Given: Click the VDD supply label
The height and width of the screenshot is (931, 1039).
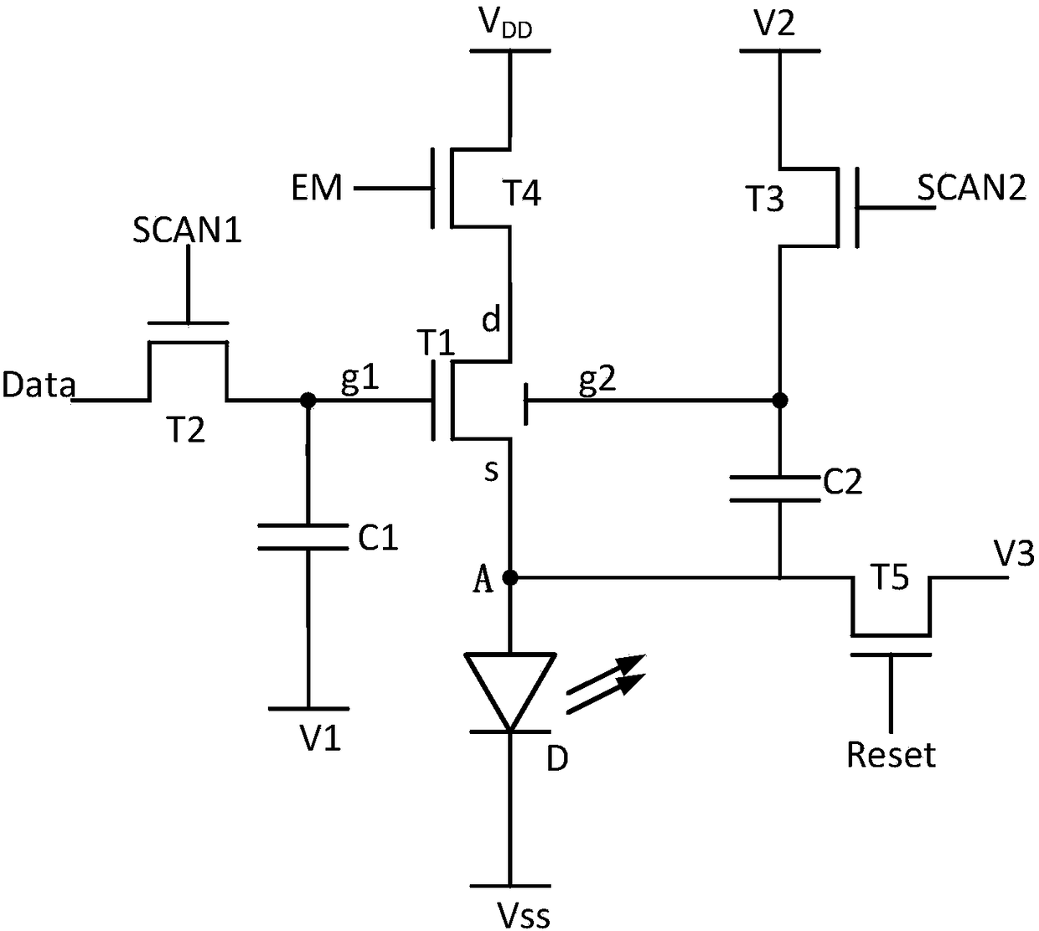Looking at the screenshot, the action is point(505,24).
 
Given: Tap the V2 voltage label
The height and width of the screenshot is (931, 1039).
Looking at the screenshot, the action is point(774,23).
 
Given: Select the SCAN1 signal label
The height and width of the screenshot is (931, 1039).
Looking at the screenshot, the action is point(187,230).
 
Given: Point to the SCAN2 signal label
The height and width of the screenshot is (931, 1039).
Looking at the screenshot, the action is point(971,187).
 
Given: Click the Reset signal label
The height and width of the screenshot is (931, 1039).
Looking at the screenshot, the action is point(891,754).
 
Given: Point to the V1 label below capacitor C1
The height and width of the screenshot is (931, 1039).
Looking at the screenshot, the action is point(321,738).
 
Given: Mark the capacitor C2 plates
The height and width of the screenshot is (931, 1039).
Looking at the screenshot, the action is point(775,489).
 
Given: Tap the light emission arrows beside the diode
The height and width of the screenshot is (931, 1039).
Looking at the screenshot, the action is point(606,683).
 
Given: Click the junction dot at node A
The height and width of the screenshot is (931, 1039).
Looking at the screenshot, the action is point(509,577).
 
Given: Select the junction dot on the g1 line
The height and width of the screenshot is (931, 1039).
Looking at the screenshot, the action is point(308,400).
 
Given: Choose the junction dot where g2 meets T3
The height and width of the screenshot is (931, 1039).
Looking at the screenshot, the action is point(779,400).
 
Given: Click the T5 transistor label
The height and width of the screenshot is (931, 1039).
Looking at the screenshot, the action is point(889,577).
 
